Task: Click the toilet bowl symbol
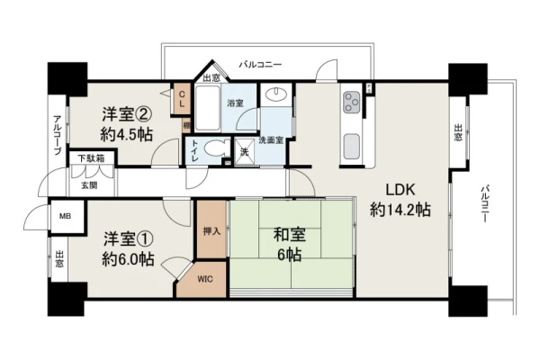216,149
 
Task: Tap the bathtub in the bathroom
207,108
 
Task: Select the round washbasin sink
276,94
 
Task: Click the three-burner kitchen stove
352,103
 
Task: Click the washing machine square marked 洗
245,152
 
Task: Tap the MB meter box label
66,216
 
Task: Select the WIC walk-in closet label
205,279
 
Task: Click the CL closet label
182,98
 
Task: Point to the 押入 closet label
211,231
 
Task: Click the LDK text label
400,190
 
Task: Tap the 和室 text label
289,235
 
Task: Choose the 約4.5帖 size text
126,134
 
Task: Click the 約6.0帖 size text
128,258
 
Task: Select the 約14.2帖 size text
400,209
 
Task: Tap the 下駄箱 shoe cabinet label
91,158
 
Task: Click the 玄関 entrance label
89,185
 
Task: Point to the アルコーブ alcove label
58,135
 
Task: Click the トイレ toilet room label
195,150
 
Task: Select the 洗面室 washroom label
271,140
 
